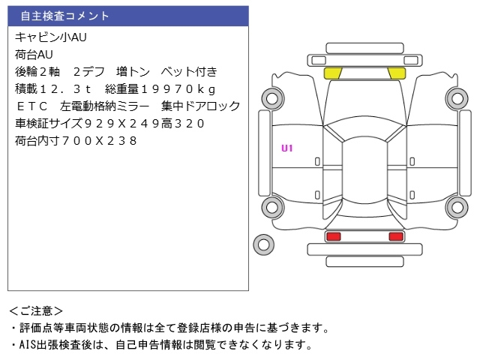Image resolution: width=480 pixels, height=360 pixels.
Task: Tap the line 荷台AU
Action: point(34,54)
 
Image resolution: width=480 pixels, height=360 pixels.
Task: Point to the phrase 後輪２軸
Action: point(37,71)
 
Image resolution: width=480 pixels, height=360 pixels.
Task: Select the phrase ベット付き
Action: point(189,71)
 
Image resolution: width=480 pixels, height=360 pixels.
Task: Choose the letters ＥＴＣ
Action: point(31,106)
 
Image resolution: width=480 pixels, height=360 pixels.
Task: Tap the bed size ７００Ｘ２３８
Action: point(100,140)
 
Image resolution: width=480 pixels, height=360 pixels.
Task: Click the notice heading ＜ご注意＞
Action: point(37,310)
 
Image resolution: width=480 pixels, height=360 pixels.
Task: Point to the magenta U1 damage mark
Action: point(287,148)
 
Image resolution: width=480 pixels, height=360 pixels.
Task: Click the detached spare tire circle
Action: point(263,243)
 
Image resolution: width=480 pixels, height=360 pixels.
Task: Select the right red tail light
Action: point(395,237)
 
